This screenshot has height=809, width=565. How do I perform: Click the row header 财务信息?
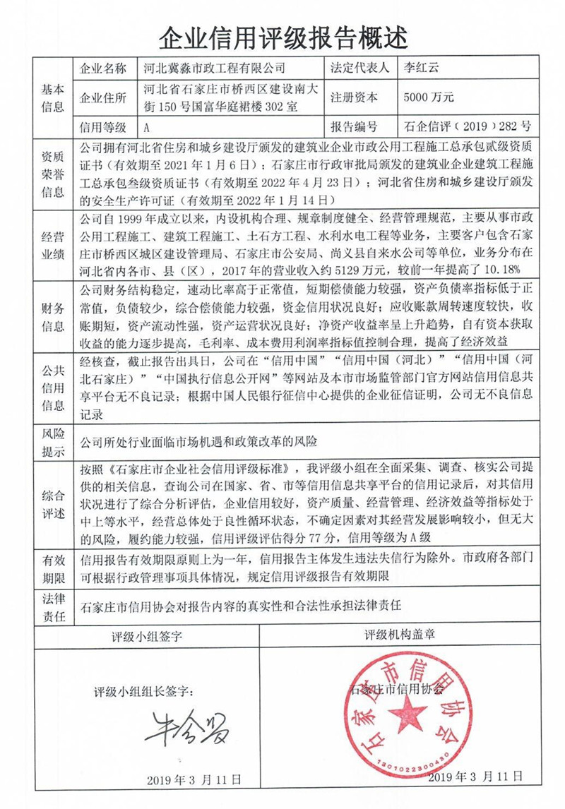52,317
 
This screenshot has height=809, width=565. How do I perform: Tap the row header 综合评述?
52,503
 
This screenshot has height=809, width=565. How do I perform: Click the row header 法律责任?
52,608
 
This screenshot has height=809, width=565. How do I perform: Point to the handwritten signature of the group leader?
187,731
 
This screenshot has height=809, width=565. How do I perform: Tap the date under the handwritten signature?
194,779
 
